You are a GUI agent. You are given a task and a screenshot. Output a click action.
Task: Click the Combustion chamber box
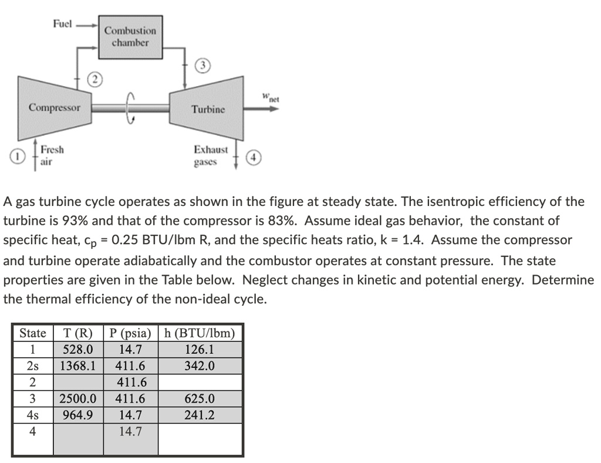(130, 36)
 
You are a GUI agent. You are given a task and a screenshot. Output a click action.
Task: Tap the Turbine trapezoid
(207, 109)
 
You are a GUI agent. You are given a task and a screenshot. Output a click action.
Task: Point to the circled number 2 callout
(94, 80)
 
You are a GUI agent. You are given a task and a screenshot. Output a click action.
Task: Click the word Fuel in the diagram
(62, 24)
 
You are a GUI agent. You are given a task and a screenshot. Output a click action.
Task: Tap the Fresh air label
(52, 156)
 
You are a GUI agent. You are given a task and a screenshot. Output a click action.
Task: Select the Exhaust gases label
(211, 156)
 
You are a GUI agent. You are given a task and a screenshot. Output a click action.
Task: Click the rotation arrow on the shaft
(131, 109)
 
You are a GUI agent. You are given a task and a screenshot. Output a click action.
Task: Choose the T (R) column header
(77, 333)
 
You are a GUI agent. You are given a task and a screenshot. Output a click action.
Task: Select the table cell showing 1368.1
(77, 366)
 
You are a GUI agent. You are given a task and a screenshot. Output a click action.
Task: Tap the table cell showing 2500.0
(77, 398)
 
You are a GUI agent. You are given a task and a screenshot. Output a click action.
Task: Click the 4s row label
(33, 415)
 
